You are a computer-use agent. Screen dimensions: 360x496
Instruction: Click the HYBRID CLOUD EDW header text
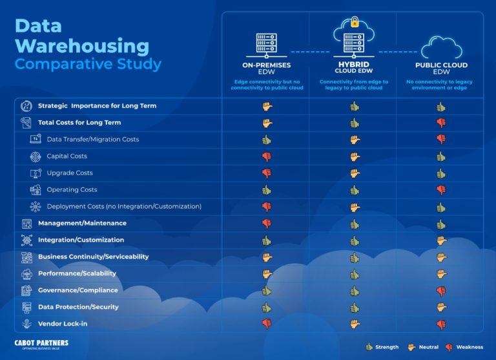(353, 68)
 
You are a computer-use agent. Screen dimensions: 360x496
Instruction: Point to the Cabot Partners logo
(41, 344)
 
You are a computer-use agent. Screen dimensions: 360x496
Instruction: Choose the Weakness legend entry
(464, 347)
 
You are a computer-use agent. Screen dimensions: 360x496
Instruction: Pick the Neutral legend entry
(424, 347)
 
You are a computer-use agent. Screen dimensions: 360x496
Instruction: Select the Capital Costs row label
(67, 156)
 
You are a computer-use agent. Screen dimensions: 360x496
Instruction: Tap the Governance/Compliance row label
(77, 290)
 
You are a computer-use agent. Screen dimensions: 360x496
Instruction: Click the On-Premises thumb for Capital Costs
(266, 156)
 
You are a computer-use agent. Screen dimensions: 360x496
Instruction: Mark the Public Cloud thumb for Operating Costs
(441, 189)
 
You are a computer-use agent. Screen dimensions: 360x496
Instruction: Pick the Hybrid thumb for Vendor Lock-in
(354, 324)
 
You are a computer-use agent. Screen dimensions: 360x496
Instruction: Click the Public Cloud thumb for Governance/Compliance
(441, 290)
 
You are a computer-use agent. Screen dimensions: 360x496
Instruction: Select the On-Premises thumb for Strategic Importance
(267, 106)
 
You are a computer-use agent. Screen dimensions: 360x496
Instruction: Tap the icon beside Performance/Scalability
(26, 273)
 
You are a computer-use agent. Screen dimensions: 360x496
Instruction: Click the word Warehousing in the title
(81, 45)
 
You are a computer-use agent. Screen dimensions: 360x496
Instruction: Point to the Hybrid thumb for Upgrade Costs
(354, 173)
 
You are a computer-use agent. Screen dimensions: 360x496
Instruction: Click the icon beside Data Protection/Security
(26, 307)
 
